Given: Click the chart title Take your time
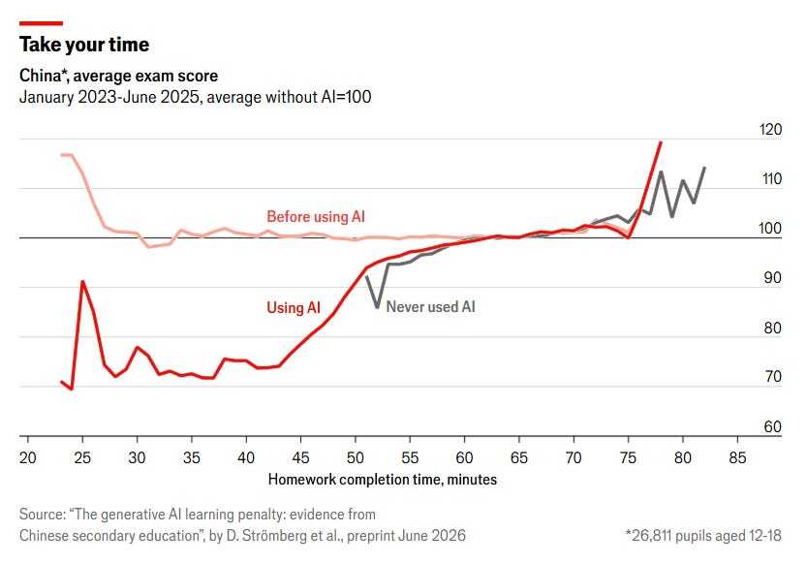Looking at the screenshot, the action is [84, 45].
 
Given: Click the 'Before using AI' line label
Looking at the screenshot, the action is [316, 217].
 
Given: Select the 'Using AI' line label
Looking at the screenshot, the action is [294, 308].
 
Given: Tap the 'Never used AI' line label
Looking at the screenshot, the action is [431, 307].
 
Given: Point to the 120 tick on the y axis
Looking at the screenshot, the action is [770, 130].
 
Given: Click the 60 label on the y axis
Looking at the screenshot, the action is [772, 426].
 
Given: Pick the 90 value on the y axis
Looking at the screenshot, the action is [772, 278].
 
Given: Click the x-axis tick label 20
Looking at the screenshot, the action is [28, 457].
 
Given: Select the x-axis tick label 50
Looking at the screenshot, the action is [356, 457].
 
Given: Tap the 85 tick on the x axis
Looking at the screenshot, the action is [737, 457].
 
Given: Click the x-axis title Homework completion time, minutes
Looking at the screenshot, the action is [383, 480].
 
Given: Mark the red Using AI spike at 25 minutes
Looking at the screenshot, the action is [82, 281].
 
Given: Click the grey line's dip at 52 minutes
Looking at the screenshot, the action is [378, 307].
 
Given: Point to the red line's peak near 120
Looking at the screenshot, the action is [661, 142].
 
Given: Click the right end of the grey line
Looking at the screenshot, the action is [704, 168].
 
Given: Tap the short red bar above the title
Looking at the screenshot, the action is [41, 23].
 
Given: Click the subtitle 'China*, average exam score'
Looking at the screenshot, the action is [119, 77].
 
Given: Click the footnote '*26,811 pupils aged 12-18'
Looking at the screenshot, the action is [703, 536].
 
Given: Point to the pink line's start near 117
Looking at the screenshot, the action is [62, 155].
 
